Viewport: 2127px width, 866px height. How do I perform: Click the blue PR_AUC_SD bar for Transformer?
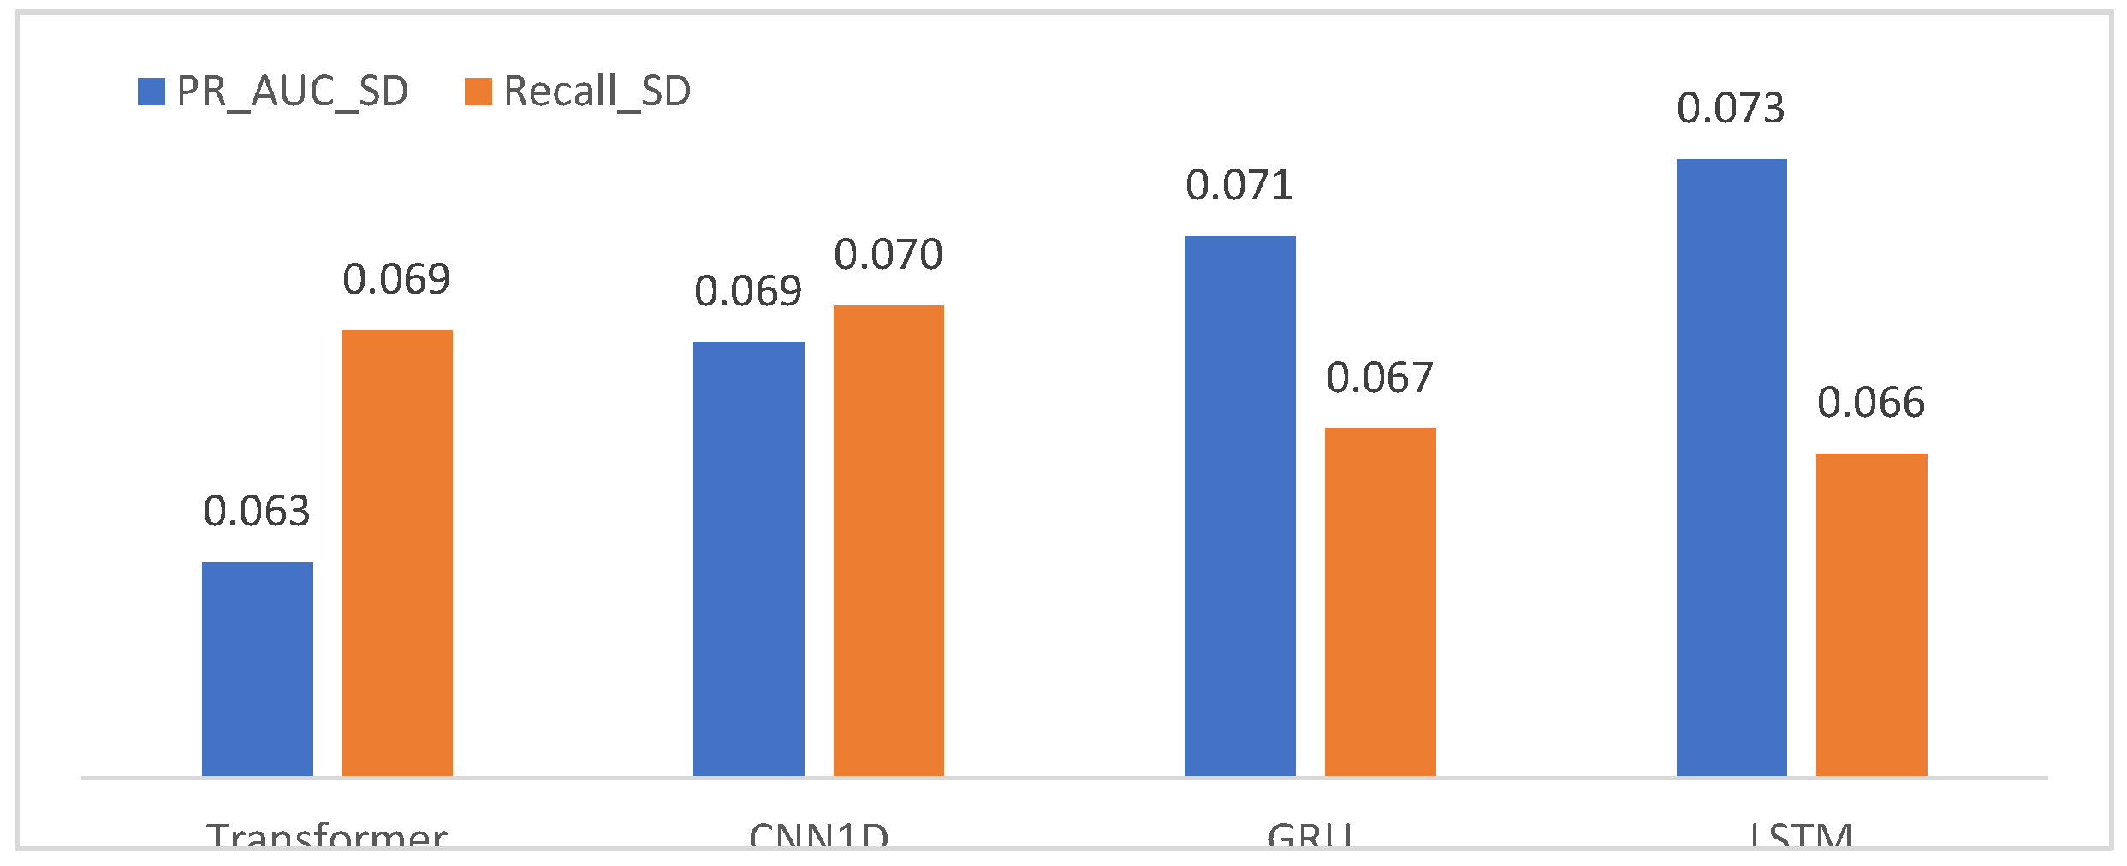[x=257, y=669]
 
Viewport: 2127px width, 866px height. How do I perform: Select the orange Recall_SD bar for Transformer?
[x=396, y=553]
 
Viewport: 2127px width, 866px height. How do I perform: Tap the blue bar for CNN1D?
[x=748, y=559]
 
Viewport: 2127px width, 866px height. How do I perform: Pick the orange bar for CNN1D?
[x=888, y=541]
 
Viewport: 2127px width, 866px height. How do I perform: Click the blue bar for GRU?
[x=1239, y=506]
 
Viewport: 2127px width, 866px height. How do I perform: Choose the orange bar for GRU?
[x=1380, y=602]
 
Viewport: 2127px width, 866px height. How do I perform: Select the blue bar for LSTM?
[x=1731, y=467]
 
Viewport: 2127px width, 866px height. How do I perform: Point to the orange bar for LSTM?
[x=1871, y=614]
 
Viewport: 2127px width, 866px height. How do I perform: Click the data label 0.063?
[x=257, y=512]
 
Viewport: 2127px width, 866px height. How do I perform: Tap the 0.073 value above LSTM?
[x=1731, y=109]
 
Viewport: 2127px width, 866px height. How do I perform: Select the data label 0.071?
[x=1239, y=186]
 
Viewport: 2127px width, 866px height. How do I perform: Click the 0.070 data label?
[x=888, y=255]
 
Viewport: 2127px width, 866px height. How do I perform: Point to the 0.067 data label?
[x=1380, y=378]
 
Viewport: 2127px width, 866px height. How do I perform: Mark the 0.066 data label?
[x=1871, y=403]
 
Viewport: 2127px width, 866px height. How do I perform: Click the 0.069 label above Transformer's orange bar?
[x=396, y=280]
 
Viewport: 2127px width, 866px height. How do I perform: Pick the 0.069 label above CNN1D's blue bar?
[x=748, y=292]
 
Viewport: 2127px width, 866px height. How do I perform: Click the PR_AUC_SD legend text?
[x=293, y=92]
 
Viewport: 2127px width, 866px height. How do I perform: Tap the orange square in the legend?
[x=478, y=92]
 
